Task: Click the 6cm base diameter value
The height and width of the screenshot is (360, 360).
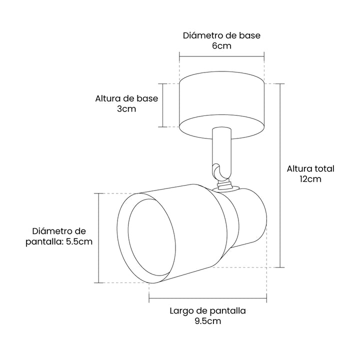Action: [x=221, y=46]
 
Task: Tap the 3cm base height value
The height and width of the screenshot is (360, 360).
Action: [x=126, y=109]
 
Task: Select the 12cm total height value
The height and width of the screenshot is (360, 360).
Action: [x=310, y=179]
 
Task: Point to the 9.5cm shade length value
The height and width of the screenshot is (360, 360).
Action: [x=208, y=321]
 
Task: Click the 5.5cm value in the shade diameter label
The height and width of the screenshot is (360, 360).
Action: [x=79, y=241]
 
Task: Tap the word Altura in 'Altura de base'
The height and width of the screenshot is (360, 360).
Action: [x=107, y=98]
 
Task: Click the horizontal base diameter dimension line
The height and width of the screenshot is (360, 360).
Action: [x=222, y=56]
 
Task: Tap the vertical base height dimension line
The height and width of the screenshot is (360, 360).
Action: [x=163, y=105]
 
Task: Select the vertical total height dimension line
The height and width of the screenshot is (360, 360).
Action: [x=280, y=175]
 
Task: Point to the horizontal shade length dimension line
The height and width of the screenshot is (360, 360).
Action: [x=208, y=298]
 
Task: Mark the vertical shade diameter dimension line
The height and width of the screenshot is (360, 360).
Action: [x=98, y=238]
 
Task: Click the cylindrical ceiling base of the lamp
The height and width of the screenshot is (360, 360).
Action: [x=222, y=105]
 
